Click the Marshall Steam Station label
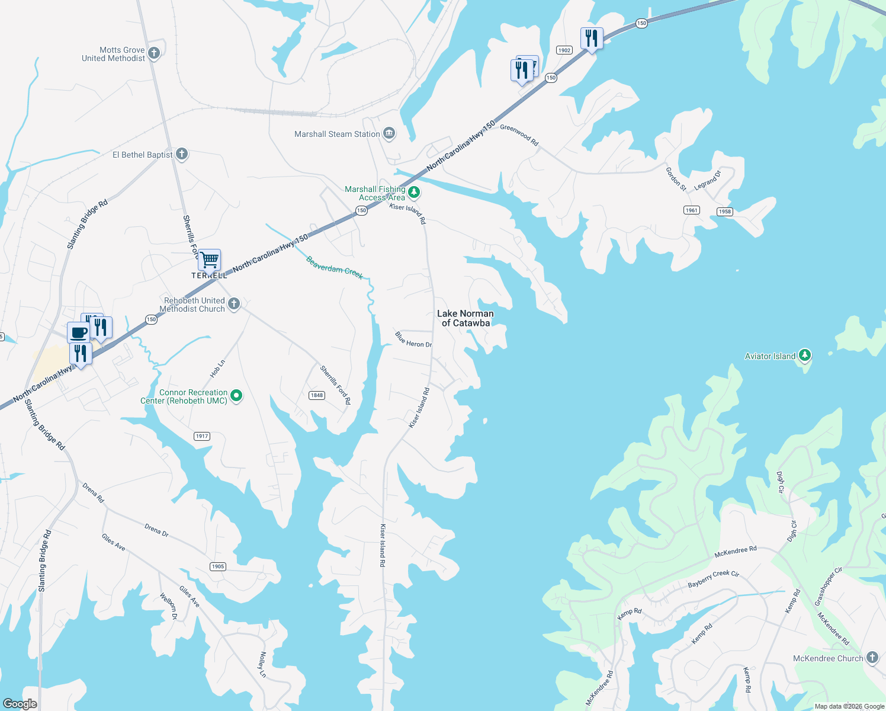[337, 134]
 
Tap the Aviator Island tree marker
[804, 355]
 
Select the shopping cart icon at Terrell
[209, 260]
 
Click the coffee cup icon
[78, 332]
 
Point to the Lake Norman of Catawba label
[466, 318]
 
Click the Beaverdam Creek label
[334, 268]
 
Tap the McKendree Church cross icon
[872, 658]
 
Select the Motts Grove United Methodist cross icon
[154, 53]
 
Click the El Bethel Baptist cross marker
[182, 154]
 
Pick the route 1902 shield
[564, 50]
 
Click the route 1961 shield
[691, 210]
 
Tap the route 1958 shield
[725, 212]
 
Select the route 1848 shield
[317, 395]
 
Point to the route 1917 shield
[202, 436]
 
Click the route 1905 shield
[218, 566]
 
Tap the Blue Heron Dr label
[413, 340]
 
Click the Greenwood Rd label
[519, 135]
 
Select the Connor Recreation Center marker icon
[236, 395]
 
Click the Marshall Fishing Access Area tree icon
[414, 192]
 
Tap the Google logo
[20, 704]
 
